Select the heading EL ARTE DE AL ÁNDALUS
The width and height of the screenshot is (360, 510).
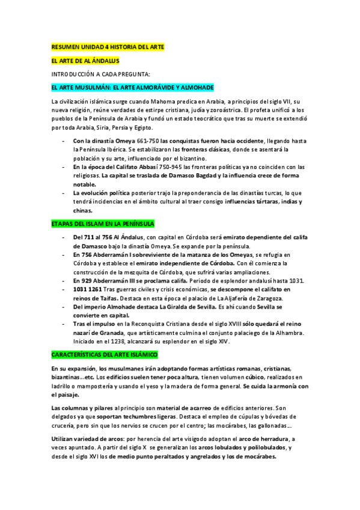85,61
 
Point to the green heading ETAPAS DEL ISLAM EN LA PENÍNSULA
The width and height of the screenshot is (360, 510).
103,224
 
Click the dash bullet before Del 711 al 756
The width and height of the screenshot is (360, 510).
64,237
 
